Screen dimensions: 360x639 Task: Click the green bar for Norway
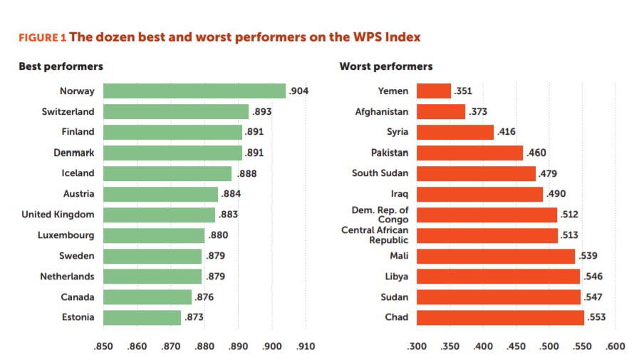194,91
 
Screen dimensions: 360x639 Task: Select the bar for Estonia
142,317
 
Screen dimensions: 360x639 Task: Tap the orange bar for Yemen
433,91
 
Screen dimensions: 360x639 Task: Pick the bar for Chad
499,317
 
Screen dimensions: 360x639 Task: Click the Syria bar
454,132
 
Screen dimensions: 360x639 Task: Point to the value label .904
298,91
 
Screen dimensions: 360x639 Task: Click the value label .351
463,91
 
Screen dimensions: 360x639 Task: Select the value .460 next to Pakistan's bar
536,153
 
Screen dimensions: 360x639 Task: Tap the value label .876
204,297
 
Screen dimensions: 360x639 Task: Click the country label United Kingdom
58,214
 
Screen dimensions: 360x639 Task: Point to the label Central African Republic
375,235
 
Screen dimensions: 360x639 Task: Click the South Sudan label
380,173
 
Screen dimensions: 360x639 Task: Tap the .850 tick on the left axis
103,346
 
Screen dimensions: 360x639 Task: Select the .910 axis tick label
306,346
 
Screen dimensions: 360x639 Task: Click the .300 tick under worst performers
416,346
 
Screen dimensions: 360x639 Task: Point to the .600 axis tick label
615,346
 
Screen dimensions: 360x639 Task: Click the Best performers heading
61,66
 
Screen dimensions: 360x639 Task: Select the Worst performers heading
385,66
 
